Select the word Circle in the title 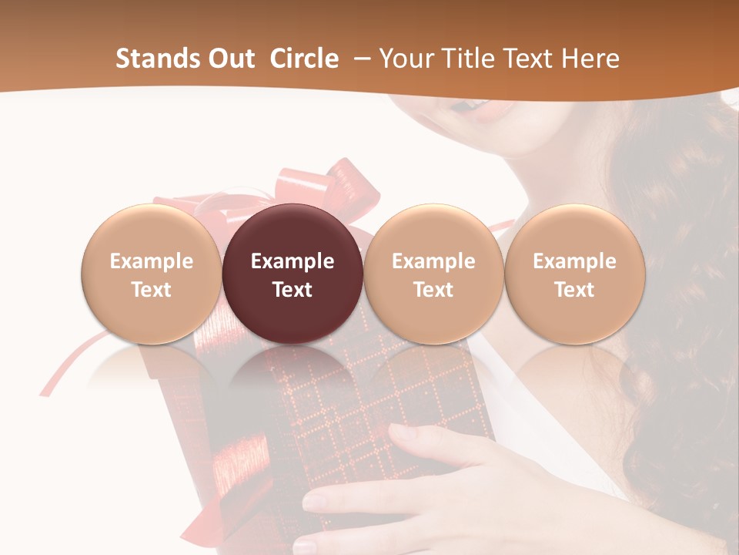304,59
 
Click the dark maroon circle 293,274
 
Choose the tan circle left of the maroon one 152,274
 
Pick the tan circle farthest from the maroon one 575,274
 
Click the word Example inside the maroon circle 293,261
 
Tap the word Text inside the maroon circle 293,290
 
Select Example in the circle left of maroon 152,261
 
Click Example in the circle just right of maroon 433,261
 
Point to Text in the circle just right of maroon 433,290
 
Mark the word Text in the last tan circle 575,290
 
